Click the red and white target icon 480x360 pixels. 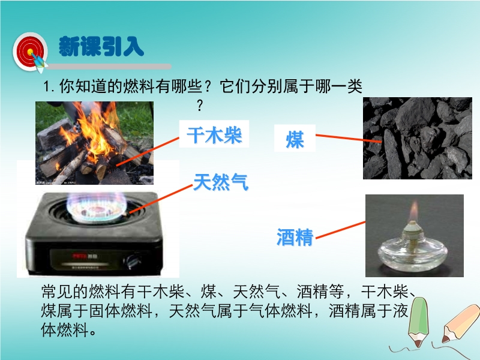pos(30,52)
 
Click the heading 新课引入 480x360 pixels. pos(101,47)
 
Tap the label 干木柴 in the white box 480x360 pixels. pos(214,135)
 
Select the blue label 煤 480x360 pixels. pos(295,139)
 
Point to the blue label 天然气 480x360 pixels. pos(221,182)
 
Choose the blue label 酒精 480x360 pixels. pos(295,237)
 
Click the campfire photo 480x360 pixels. pos(95,143)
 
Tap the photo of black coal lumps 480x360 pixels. pos(418,138)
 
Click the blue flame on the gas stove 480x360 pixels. pos(97,206)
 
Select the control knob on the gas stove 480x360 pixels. pos(133,262)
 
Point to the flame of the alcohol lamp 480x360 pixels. pos(413,211)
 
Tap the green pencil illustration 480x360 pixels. pos(418,322)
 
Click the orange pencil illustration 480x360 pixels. pos(460,323)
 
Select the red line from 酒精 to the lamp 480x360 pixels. pos(340,230)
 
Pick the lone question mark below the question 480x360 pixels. pos(200,106)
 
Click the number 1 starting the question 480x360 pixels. pos(47,86)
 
